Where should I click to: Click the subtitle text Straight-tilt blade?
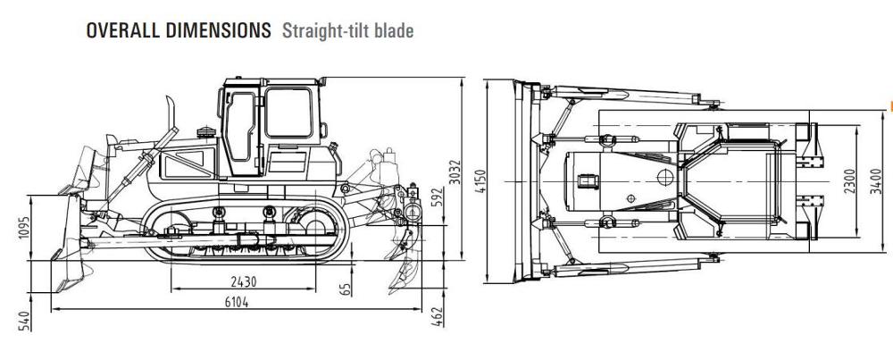click(x=347, y=30)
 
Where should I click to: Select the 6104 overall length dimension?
click(x=236, y=301)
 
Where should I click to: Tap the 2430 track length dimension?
click(x=241, y=281)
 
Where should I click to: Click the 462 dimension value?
click(x=438, y=316)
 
